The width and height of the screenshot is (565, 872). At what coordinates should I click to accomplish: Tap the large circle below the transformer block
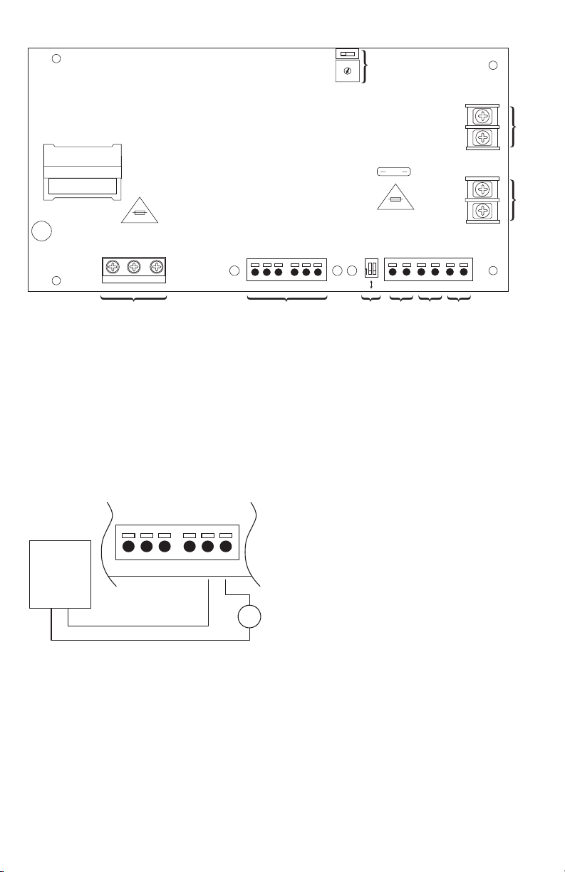[42, 231]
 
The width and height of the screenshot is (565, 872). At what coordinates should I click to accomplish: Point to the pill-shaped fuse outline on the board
[394, 172]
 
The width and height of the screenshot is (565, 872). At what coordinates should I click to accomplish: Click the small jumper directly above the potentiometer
[348, 54]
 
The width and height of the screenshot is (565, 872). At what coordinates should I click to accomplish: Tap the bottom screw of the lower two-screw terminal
[482, 210]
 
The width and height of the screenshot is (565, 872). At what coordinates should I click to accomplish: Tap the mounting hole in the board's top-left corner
[57, 58]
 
